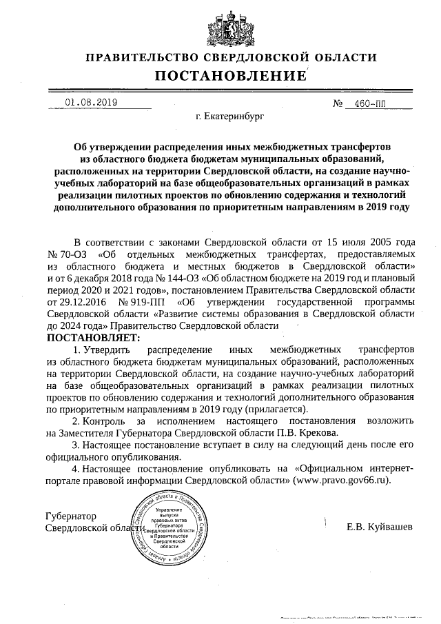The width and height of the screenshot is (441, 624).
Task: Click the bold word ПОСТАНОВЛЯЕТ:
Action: pyautogui.click(x=93, y=338)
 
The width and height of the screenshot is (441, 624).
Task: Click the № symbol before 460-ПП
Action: pyautogui.click(x=338, y=103)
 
